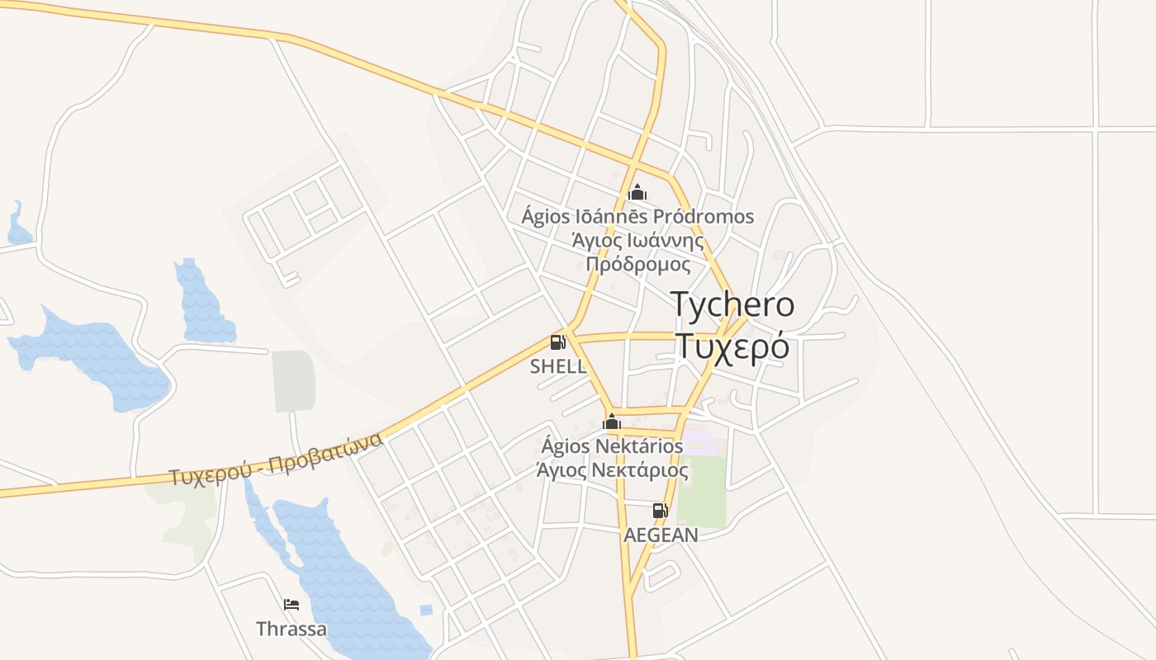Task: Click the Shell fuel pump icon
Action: point(558,342)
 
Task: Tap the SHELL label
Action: point(558,366)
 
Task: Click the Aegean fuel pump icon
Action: point(660,511)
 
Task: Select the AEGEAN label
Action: point(661,535)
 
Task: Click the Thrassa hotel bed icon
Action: point(291,605)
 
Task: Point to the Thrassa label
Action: point(291,629)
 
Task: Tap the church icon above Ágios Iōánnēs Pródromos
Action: point(637,193)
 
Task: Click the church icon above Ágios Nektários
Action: point(612,422)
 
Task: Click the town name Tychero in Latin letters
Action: point(732,304)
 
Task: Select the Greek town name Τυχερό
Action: point(732,346)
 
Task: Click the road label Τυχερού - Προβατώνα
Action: point(276,460)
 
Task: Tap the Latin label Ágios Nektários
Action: point(612,446)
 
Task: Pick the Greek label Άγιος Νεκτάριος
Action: point(612,470)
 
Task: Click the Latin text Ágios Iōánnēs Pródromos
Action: point(637,217)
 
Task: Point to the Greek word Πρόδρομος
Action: point(637,264)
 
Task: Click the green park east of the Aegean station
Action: point(702,492)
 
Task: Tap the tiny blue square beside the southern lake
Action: point(425,610)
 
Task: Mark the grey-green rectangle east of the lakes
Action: point(294,380)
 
